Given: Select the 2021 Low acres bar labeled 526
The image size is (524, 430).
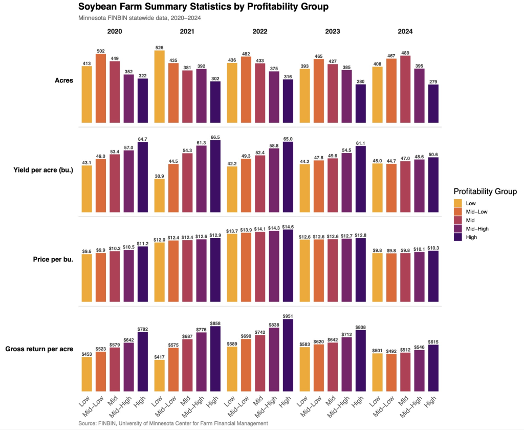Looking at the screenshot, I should (160, 87).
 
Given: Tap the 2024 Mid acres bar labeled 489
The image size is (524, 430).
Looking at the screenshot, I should (405, 89).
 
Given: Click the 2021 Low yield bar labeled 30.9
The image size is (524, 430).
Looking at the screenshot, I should (160, 196).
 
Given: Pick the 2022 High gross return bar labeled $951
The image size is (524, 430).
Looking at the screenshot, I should (289, 356).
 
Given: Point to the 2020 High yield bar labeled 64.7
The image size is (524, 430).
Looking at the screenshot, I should (143, 177).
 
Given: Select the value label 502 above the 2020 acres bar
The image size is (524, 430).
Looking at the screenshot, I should (101, 50).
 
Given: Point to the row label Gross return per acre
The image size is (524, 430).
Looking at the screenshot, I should (38, 349).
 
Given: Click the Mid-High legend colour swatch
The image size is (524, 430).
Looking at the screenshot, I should (458, 229).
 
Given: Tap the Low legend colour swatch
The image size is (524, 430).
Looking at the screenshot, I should (458, 203).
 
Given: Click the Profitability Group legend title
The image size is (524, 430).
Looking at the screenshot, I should (485, 191).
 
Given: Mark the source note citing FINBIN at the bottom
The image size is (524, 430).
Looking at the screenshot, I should (173, 423).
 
